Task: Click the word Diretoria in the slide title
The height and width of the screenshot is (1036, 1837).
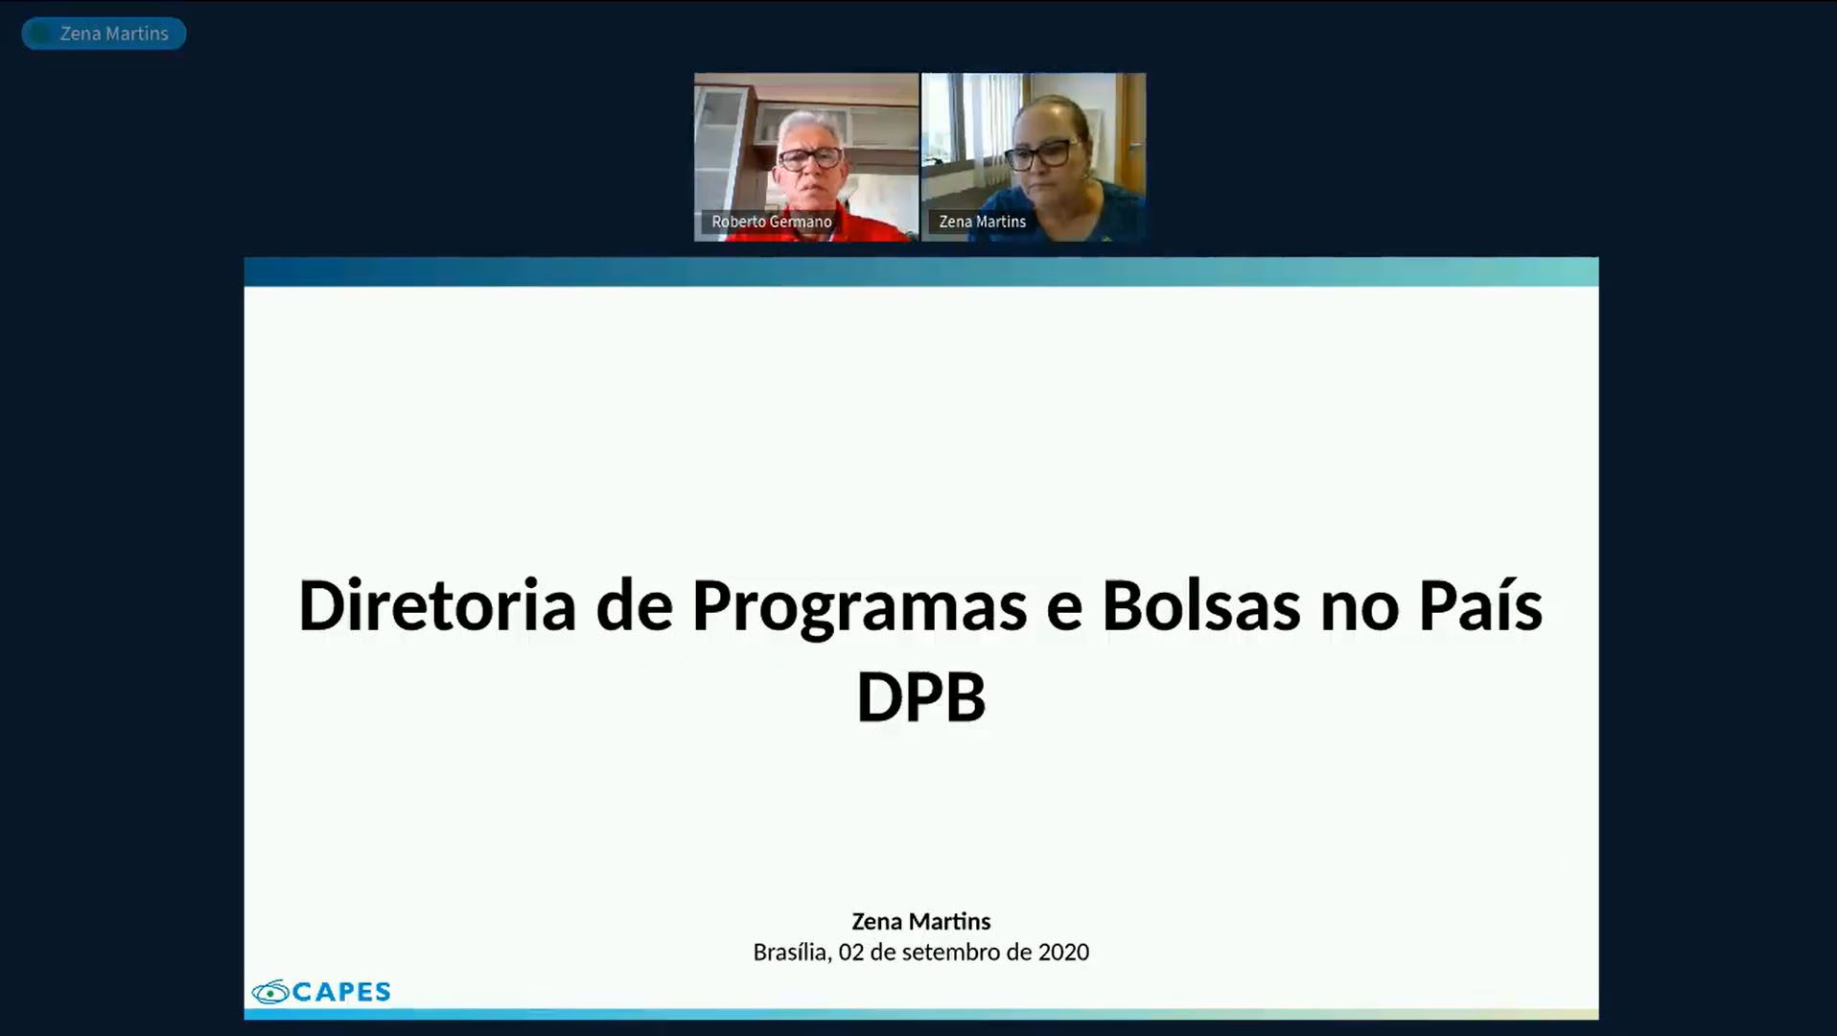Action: pyautogui.click(x=436, y=606)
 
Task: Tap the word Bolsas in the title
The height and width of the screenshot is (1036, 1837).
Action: pyautogui.click(x=1200, y=606)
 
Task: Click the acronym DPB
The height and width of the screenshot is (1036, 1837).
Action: pyautogui.click(x=920, y=697)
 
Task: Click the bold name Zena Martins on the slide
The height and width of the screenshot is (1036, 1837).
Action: pyautogui.click(x=920, y=922)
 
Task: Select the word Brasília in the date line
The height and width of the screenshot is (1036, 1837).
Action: pyautogui.click(x=791, y=953)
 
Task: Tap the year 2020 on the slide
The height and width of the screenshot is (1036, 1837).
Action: pyautogui.click(x=1063, y=953)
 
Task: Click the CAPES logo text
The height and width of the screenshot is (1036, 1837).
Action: pyautogui.click(x=341, y=992)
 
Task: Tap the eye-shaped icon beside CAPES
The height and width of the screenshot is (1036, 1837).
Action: pyautogui.click(x=269, y=992)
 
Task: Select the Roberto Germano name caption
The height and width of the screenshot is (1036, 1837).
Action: pyautogui.click(x=771, y=222)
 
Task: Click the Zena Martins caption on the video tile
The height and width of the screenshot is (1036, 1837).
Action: pyautogui.click(x=982, y=222)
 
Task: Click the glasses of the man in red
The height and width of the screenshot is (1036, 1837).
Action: pyautogui.click(x=810, y=158)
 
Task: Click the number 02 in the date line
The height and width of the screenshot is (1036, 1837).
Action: pyautogui.click(x=850, y=953)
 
